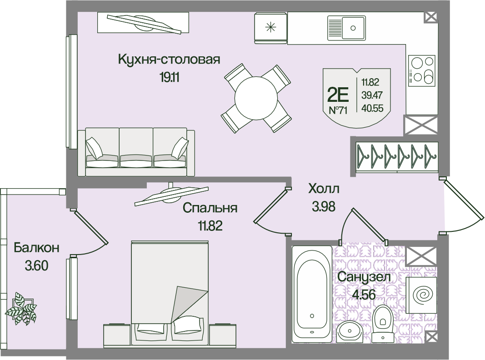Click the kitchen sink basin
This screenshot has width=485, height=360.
pos(346,28)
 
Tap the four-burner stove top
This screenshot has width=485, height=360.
pos(422,71)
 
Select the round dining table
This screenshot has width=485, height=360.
pos(256,98)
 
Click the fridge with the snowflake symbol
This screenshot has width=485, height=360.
pos(270,28)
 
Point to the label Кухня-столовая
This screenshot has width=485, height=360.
pos(169,59)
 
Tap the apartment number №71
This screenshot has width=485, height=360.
pos(338,110)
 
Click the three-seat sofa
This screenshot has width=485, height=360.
pos(136,152)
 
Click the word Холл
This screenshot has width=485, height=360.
pos(324,188)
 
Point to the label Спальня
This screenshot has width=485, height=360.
pos(210,208)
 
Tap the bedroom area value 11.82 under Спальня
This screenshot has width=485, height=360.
pos(210,226)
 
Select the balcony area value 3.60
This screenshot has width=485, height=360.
pos(36,265)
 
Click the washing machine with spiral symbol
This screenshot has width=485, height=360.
pos(421,295)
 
